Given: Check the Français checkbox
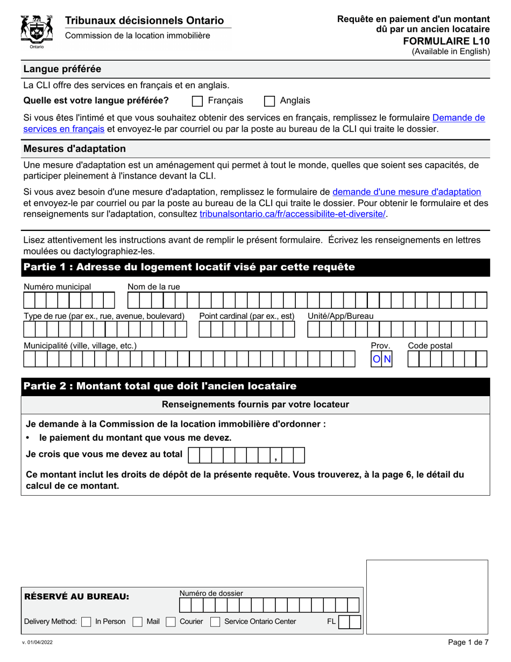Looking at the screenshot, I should [x=197, y=101].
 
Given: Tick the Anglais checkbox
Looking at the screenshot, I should [x=270, y=101].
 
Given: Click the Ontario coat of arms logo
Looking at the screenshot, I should [x=36, y=31].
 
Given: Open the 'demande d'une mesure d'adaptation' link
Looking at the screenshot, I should [x=407, y=192].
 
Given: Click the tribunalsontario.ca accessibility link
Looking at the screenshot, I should [x=293, y=214].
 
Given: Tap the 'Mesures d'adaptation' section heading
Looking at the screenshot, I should [x=74, y=149].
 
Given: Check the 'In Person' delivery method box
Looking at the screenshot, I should [x=86, y=622].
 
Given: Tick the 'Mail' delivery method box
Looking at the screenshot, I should [x=138, y=622].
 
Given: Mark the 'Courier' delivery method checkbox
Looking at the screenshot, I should [x=171, y=622].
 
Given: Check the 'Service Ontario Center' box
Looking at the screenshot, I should [x=215, y=622].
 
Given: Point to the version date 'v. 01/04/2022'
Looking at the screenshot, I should [x=37, y=643].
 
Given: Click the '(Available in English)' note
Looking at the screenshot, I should [x=451, y=52].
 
